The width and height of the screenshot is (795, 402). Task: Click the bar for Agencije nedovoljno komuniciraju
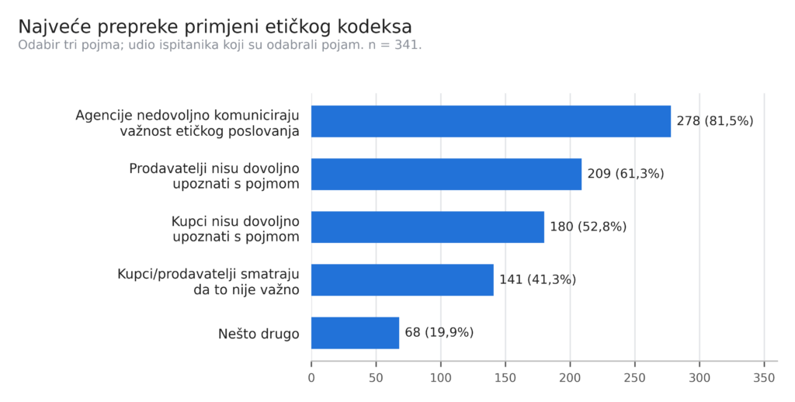tap(491, 121)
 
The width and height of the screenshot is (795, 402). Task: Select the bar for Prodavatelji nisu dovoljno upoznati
tap(446, 174)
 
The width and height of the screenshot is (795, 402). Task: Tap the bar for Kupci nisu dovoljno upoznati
tap(428, 227)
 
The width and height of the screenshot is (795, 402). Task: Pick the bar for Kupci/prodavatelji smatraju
tap(402, 280)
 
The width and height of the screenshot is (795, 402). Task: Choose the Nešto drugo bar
tap(355, 333)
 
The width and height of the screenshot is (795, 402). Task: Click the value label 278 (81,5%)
tap(715, 121)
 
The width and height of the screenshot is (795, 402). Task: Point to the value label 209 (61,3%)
tap(626, 174)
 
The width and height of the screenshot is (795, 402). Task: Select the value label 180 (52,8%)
tap(588, 227)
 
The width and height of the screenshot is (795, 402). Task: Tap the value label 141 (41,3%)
tap(537, 280)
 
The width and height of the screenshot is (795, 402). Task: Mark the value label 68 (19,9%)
tap(439, 333)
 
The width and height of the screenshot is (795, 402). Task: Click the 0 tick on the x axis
tap(311, 378)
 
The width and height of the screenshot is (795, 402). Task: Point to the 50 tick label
tap(376, 378)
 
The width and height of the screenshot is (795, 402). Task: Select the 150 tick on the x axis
tap(505, 378)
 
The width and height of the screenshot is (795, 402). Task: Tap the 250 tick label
tap(635, 378)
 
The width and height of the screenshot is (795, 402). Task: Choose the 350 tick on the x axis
tap(764, 378)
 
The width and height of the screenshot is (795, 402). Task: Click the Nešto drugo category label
tap(259, 334)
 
